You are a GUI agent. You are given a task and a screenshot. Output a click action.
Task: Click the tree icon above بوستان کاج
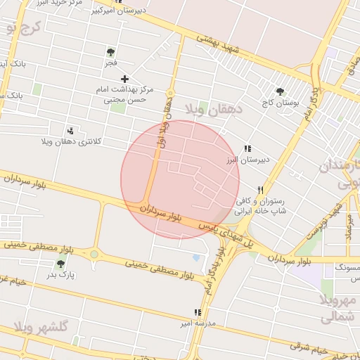click(x=281, y=91)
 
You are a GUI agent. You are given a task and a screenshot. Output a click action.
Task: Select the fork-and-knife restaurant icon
click(x=260, y=190)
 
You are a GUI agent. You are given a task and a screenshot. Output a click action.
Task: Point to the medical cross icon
click(x=125, y=79)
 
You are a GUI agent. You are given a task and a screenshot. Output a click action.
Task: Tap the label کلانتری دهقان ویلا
click(x=71, y=141)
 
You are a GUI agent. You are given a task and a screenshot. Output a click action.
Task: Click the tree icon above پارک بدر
click(x=60, y=264)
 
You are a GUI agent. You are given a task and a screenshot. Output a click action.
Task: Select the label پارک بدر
click(x=60, y=276)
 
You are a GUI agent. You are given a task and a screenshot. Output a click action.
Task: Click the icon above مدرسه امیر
click(x=198, y=312)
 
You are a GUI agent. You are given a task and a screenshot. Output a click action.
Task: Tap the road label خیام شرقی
click(x=311, y=348)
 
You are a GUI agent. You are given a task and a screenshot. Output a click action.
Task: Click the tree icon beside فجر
click(x=110, y=52)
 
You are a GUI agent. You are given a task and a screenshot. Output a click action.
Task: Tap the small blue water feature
click(x=195, y=257)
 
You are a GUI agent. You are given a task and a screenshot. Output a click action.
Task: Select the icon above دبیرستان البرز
click(x=247, y=149)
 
